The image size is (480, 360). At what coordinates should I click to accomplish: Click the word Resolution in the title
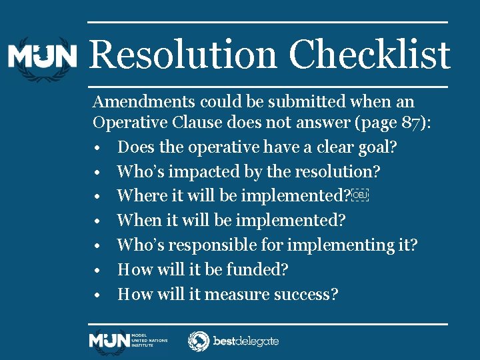(x=183, y=55)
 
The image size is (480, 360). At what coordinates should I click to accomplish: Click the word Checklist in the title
(x=369, y=55)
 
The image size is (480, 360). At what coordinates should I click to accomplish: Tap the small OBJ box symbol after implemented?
(x=360, y=195)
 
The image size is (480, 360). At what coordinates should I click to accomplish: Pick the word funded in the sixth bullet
(x=263, y=269)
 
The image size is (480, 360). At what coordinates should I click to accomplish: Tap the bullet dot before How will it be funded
(x=97, y=270)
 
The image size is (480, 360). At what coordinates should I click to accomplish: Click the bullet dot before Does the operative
(x=97, y=147)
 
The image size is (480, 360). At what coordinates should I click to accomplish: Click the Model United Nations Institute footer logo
(x=128, y=341)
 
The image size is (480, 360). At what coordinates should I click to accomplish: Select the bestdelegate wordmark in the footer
(x=245, y=341)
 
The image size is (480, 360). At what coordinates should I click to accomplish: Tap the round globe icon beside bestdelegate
(x=198, y=341)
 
